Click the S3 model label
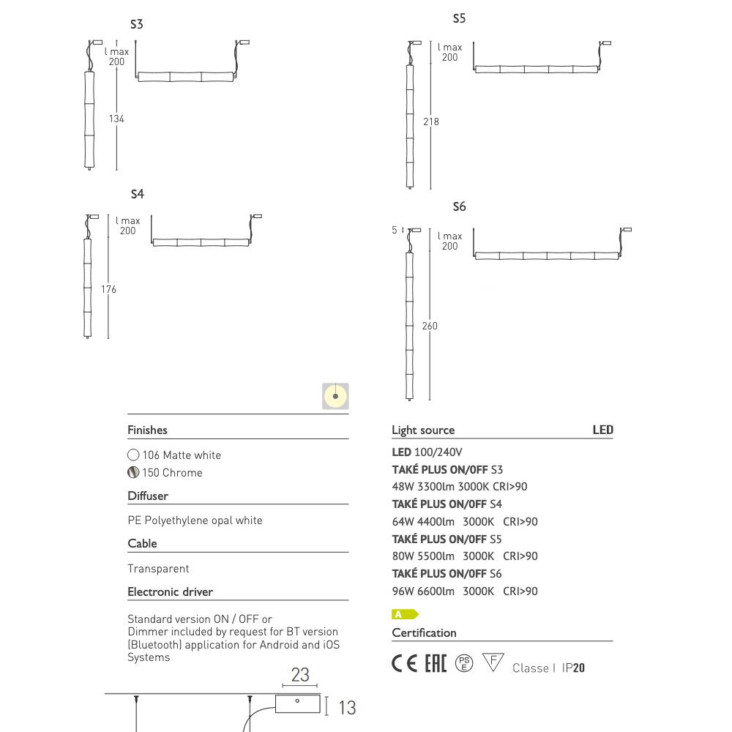[x=136, y=24]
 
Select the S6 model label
[x=459, y=207]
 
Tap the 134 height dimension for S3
[x=116, y=119]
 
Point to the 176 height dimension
[x=108, y=289]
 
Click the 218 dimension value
[x=431, y=122]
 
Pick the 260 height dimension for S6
[x=430, y=326]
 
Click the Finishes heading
[x=148, y=430]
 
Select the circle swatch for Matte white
[x=133, y=455]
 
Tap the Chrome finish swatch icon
[x=133, y=472]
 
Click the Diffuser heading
[x=148, y=496]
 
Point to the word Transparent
[x=158, y=569]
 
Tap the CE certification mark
[x=404, y=663]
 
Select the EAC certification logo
[x=436, y=663]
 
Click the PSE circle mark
[x=464, y=663]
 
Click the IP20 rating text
[x=573, y=668]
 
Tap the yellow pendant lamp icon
[x=335, y=396]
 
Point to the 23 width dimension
[x=300, y=675]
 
